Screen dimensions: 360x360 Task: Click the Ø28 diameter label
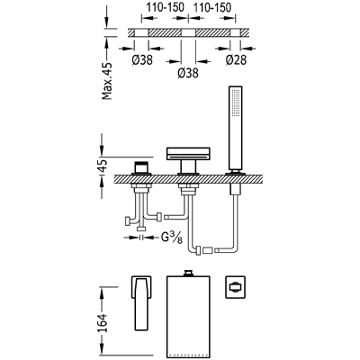coord(236,60)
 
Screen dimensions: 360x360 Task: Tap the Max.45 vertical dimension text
coord(107,81)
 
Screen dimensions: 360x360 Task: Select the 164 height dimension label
coord(103,323)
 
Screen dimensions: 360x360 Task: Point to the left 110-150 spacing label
coord(165,7)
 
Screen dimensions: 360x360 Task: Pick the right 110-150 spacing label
coord(212,7)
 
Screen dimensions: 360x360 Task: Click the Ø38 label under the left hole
coord(142,60)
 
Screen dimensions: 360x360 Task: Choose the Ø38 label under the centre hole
coord(188,73)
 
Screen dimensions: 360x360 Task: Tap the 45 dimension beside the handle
coord(103,166)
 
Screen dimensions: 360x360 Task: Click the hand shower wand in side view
coord(236,130)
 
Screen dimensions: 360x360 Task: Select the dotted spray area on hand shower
coord(236,103)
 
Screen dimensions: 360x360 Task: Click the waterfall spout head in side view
coord(188,154)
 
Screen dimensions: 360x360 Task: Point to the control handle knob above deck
coord(142,167)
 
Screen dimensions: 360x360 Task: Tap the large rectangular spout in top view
coord(189,317)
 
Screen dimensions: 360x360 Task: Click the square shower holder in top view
coord(236,287)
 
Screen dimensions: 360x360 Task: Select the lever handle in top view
coord(141,302)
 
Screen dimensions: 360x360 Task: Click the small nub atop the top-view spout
coord(189,273)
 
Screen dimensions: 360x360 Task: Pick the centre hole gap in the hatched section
coord(188,32)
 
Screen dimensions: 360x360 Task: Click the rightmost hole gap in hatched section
coord(235,32)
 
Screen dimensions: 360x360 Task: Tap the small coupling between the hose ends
coord(208,250)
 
